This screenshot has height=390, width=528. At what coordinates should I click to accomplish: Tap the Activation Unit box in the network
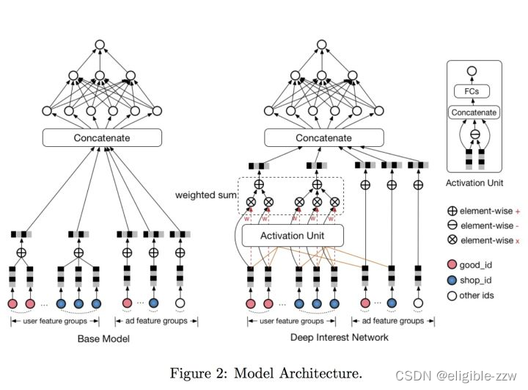coord(293,236)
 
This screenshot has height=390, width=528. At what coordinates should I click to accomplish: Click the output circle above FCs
coord(473,72)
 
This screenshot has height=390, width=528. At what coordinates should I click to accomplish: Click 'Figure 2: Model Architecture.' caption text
coord(266,373)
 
